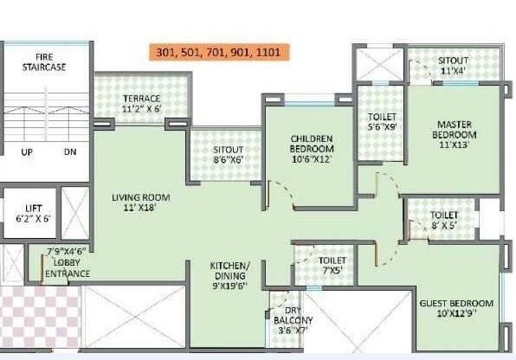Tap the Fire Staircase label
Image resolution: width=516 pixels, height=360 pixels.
pyautogui.click(x=45, y=61)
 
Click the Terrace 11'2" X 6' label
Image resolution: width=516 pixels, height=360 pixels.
pyautogui.click(x=140, y=104)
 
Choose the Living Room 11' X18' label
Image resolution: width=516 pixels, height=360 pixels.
pyautogui.click(x=140, y=202)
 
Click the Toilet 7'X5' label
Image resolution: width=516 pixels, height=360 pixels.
pyautogui.click(x=332, y=266)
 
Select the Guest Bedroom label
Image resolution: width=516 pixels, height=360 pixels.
pyautogui.click(x=455, y=308)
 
